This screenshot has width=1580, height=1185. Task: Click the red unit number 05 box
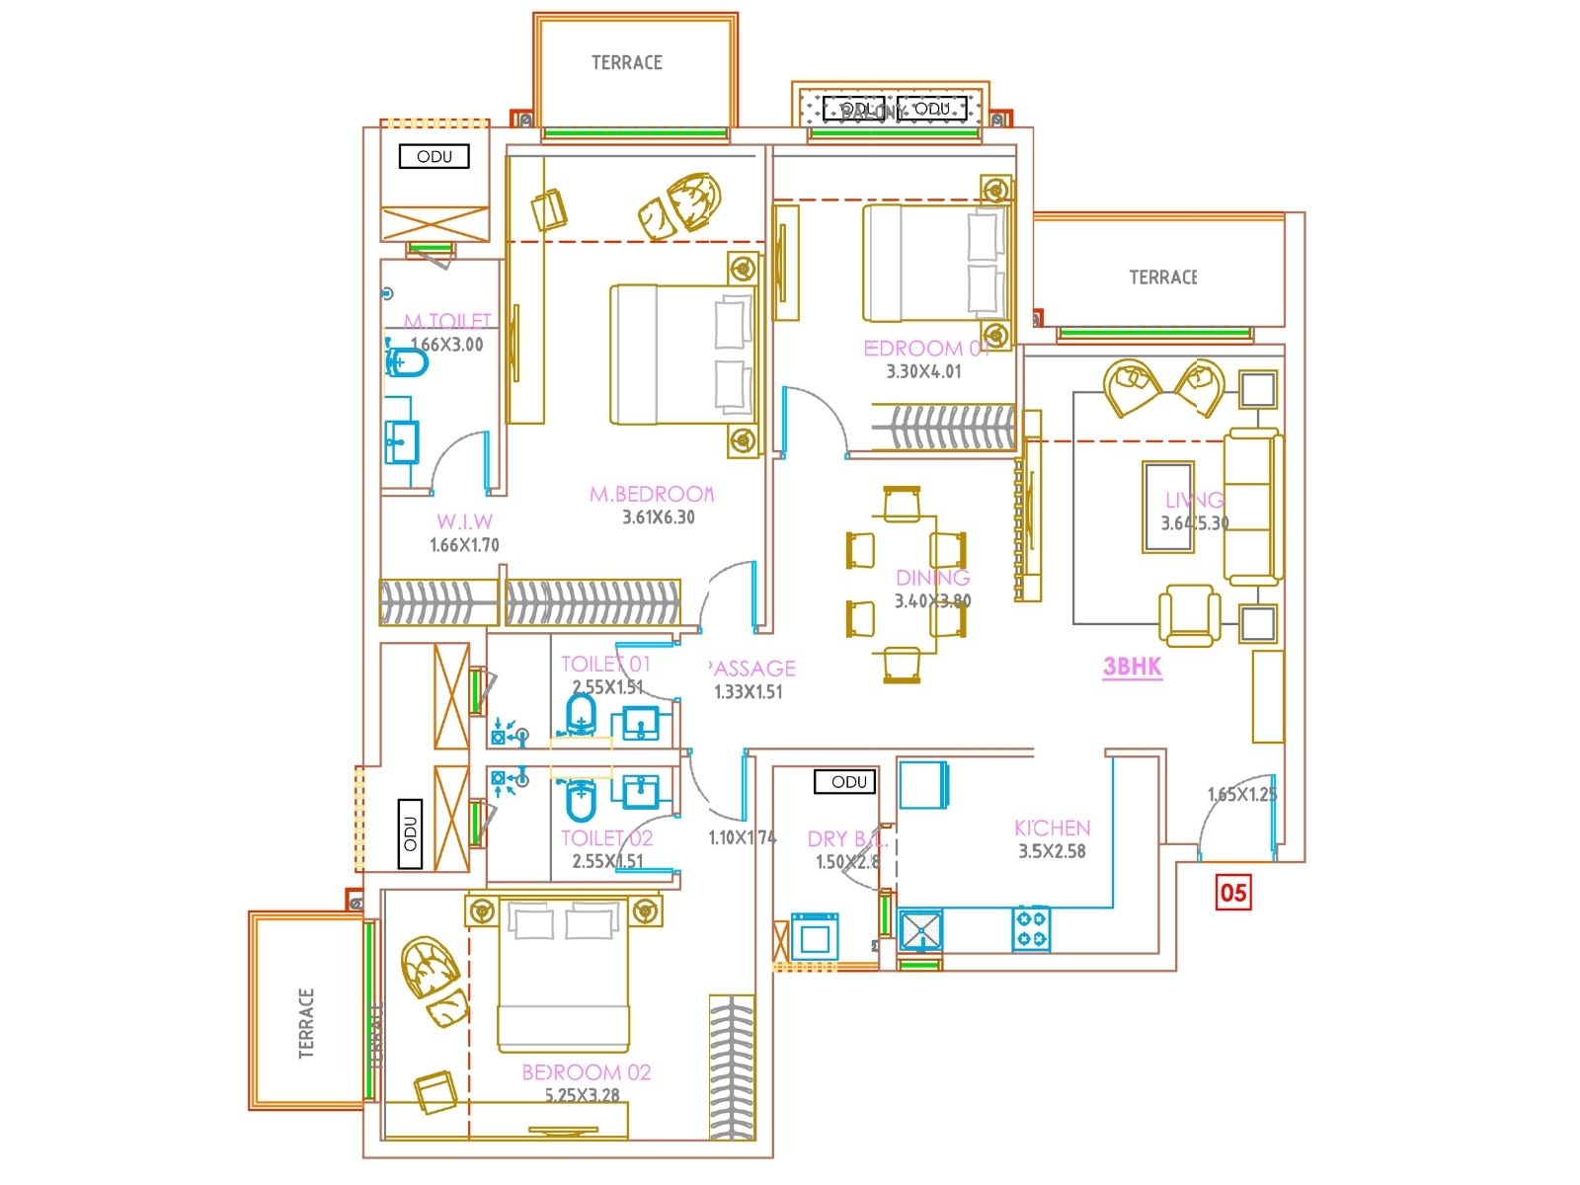(1233, 893)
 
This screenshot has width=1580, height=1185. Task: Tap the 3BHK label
(1132, 667)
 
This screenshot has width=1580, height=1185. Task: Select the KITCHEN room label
(1052, 828)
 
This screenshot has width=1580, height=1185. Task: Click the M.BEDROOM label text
(652, 494)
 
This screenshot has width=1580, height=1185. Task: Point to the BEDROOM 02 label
(586, 1072)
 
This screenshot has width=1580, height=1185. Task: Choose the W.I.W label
(464, 521)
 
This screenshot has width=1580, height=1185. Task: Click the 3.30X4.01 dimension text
(923, 372)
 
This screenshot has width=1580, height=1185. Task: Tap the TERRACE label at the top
(626, 62)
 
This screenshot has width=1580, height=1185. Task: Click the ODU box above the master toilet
(434, 156)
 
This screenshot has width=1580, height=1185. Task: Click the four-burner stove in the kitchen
(1031, 929)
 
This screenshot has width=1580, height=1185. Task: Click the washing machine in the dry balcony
(815, 933)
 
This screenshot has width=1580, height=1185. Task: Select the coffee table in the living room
(1168, 506)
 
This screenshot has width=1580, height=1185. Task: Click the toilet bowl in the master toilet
(406, 362)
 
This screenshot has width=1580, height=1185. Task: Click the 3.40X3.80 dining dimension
(932, 600)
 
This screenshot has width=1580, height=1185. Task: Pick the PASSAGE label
(752, 669)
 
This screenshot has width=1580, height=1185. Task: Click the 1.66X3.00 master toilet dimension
(446, 345)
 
